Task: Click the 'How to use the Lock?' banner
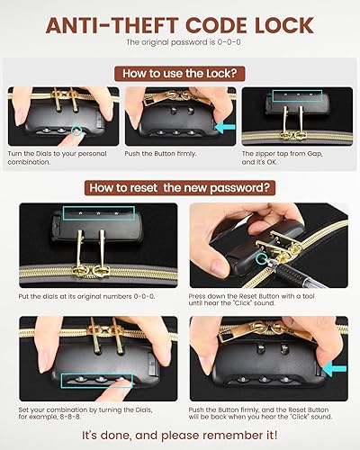click(x=180, y=74)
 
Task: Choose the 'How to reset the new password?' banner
click(x=180, y=188)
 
